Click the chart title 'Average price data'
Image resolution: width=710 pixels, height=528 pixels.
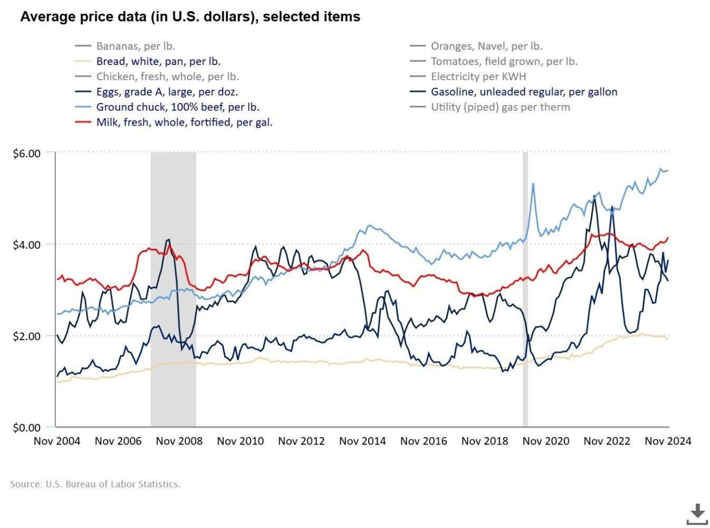190,17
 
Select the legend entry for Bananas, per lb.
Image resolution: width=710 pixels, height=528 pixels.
135,46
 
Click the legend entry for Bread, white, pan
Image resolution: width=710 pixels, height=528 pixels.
158,61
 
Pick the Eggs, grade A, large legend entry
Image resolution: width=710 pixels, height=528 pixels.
167,92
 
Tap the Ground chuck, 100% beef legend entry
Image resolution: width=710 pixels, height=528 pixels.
177,107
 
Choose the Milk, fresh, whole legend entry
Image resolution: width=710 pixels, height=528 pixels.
184,122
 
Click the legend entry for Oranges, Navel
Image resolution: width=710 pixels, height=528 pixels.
486,46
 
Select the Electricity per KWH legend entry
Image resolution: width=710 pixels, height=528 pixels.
478,77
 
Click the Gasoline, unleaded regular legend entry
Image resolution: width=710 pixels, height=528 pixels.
523,92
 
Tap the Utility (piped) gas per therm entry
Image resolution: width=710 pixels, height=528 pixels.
500,107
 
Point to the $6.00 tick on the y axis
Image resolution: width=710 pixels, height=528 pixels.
26,154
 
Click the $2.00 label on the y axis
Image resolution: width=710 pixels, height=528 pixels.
26,336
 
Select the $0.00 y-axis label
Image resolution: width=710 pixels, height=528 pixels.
26,428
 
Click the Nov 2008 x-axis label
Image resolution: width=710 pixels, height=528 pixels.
179,441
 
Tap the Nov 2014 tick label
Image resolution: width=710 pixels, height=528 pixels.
362,441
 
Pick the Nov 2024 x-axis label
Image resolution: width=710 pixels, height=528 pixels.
667,441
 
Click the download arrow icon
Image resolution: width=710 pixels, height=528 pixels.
697,514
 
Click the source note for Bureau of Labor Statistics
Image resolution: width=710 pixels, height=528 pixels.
95,484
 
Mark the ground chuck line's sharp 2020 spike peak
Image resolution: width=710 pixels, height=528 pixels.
533,184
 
